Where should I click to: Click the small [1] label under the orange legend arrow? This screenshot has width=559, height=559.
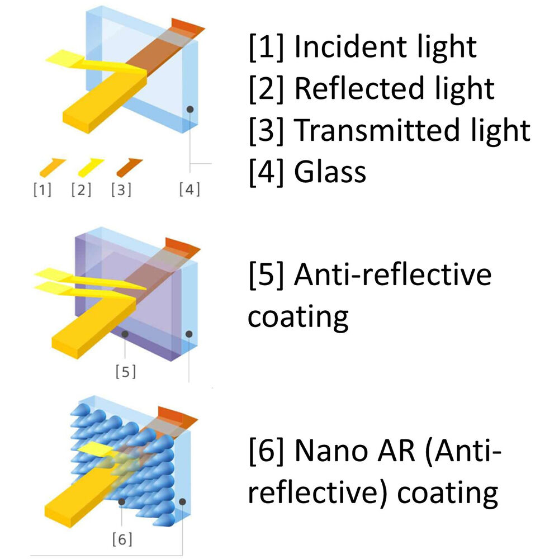pos(42,190)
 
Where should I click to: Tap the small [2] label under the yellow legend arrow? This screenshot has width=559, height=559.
pos(81,190)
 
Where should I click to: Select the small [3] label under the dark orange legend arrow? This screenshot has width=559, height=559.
pos(121,190)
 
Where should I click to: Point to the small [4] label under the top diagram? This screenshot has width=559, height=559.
pos(190,190)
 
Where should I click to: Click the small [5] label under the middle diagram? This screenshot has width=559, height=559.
pos(126,372)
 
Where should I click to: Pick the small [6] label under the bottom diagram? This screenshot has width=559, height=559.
pos(122,539)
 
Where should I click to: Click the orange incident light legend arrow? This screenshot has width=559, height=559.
pos(53,167)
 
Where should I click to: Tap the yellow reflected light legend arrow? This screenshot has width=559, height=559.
pos(91,167)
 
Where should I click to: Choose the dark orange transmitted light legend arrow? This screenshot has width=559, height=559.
pos(130,167)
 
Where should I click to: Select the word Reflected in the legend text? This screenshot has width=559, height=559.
pos(359,88)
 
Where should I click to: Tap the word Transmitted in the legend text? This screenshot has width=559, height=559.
pos(377,130)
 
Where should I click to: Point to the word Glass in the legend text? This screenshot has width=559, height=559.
pos(330,172)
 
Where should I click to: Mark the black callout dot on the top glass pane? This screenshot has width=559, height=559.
pos(191,110)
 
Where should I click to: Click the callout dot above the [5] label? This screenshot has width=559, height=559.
pos(125,334)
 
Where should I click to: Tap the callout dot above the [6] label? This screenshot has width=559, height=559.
pos(122,501)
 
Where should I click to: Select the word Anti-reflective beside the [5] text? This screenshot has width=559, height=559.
pos(393,274)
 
